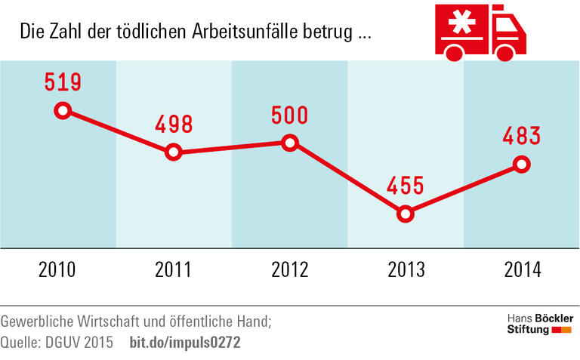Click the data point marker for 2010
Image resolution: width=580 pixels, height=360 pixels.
click(x=63, y=111)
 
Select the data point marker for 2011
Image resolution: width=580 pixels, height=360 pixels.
click(x=174, y=152)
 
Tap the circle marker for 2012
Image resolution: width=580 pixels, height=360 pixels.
click(x=289, y=143)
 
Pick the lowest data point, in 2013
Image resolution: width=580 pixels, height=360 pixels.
click(x=406, y=214)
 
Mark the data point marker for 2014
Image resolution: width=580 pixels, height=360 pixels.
click(x=521, y=164)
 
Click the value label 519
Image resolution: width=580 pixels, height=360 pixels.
click(x=62, y=82)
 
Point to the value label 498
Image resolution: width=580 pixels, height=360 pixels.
click(x=173, y=124)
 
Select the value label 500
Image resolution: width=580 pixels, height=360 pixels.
click(x=289, y=115)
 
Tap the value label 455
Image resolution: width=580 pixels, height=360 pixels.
click(x=406, y=185)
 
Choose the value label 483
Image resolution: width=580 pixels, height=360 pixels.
click(x=521, y=136)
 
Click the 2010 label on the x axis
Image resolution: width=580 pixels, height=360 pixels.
click(x=57, y=269)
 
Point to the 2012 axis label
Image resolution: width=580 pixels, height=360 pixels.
click(x=289, y=269)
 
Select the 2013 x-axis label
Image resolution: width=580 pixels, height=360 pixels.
click(x=406, y=269)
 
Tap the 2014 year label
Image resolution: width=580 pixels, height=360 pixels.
click(x=521, y=269)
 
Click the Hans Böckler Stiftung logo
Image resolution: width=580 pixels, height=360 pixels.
click(x=538, y=322)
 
